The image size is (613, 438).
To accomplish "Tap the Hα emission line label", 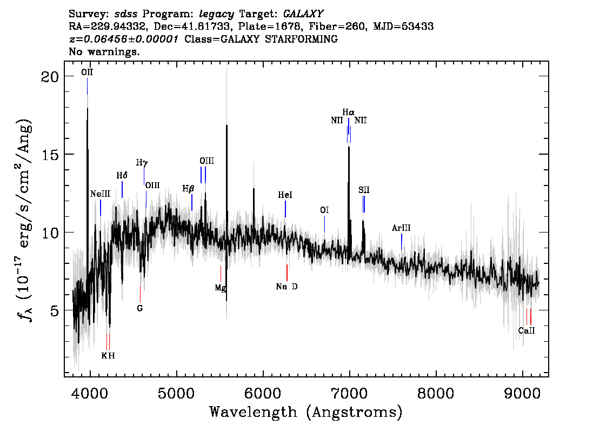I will [349, 112].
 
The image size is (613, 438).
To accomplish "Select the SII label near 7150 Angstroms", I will [364, 190].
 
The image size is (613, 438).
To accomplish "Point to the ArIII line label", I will [401, 228].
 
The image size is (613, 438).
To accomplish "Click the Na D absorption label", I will [286, 287].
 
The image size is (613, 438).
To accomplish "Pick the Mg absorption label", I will [220, 288].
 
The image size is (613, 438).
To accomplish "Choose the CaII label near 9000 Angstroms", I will [526, 330].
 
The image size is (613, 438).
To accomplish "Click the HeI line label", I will [285, 195].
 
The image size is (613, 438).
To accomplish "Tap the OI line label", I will [324, 210].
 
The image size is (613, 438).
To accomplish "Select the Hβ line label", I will [188, 189].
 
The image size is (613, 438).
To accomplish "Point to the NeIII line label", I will [100, 194].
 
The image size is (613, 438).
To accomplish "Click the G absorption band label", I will [140, 308].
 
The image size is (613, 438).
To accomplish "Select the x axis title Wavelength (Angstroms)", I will [306, 412].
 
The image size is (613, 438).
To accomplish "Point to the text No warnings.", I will [104, 52].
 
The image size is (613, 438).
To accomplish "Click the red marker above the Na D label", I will [286, 273].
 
